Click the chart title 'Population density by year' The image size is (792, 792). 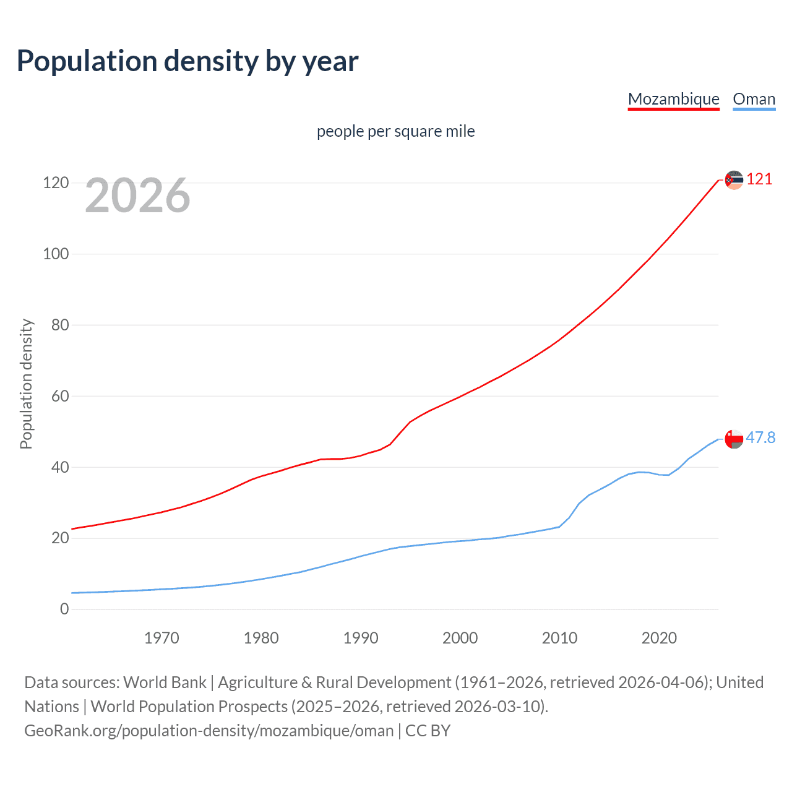[x=187, y=61]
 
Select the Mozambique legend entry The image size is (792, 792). [x=673, y=99]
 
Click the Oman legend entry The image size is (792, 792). [x=754, y=99]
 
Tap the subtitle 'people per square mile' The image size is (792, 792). [x=395, y=131]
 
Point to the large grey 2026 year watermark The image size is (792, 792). [x=137, y=196]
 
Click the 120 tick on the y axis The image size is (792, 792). [x=56, y=183]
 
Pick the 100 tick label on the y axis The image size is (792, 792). [x=56, y=254]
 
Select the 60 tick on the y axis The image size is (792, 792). [x=59, y=396]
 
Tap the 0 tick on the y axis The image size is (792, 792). [x=64, y=609]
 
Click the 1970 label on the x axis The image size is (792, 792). [x=161, y=638]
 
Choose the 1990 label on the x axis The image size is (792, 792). [x=361, y=638]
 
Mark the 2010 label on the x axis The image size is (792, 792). [x=559, y=638]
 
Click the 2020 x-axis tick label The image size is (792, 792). [x=659, y=638]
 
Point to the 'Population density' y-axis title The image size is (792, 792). [x=26, y=384]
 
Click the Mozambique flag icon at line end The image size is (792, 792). [x=734, y=180]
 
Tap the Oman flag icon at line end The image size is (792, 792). [x=734, y=439]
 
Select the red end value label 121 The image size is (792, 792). [x=759, y=179]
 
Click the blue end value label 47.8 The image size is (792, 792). [x=760, y=438]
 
